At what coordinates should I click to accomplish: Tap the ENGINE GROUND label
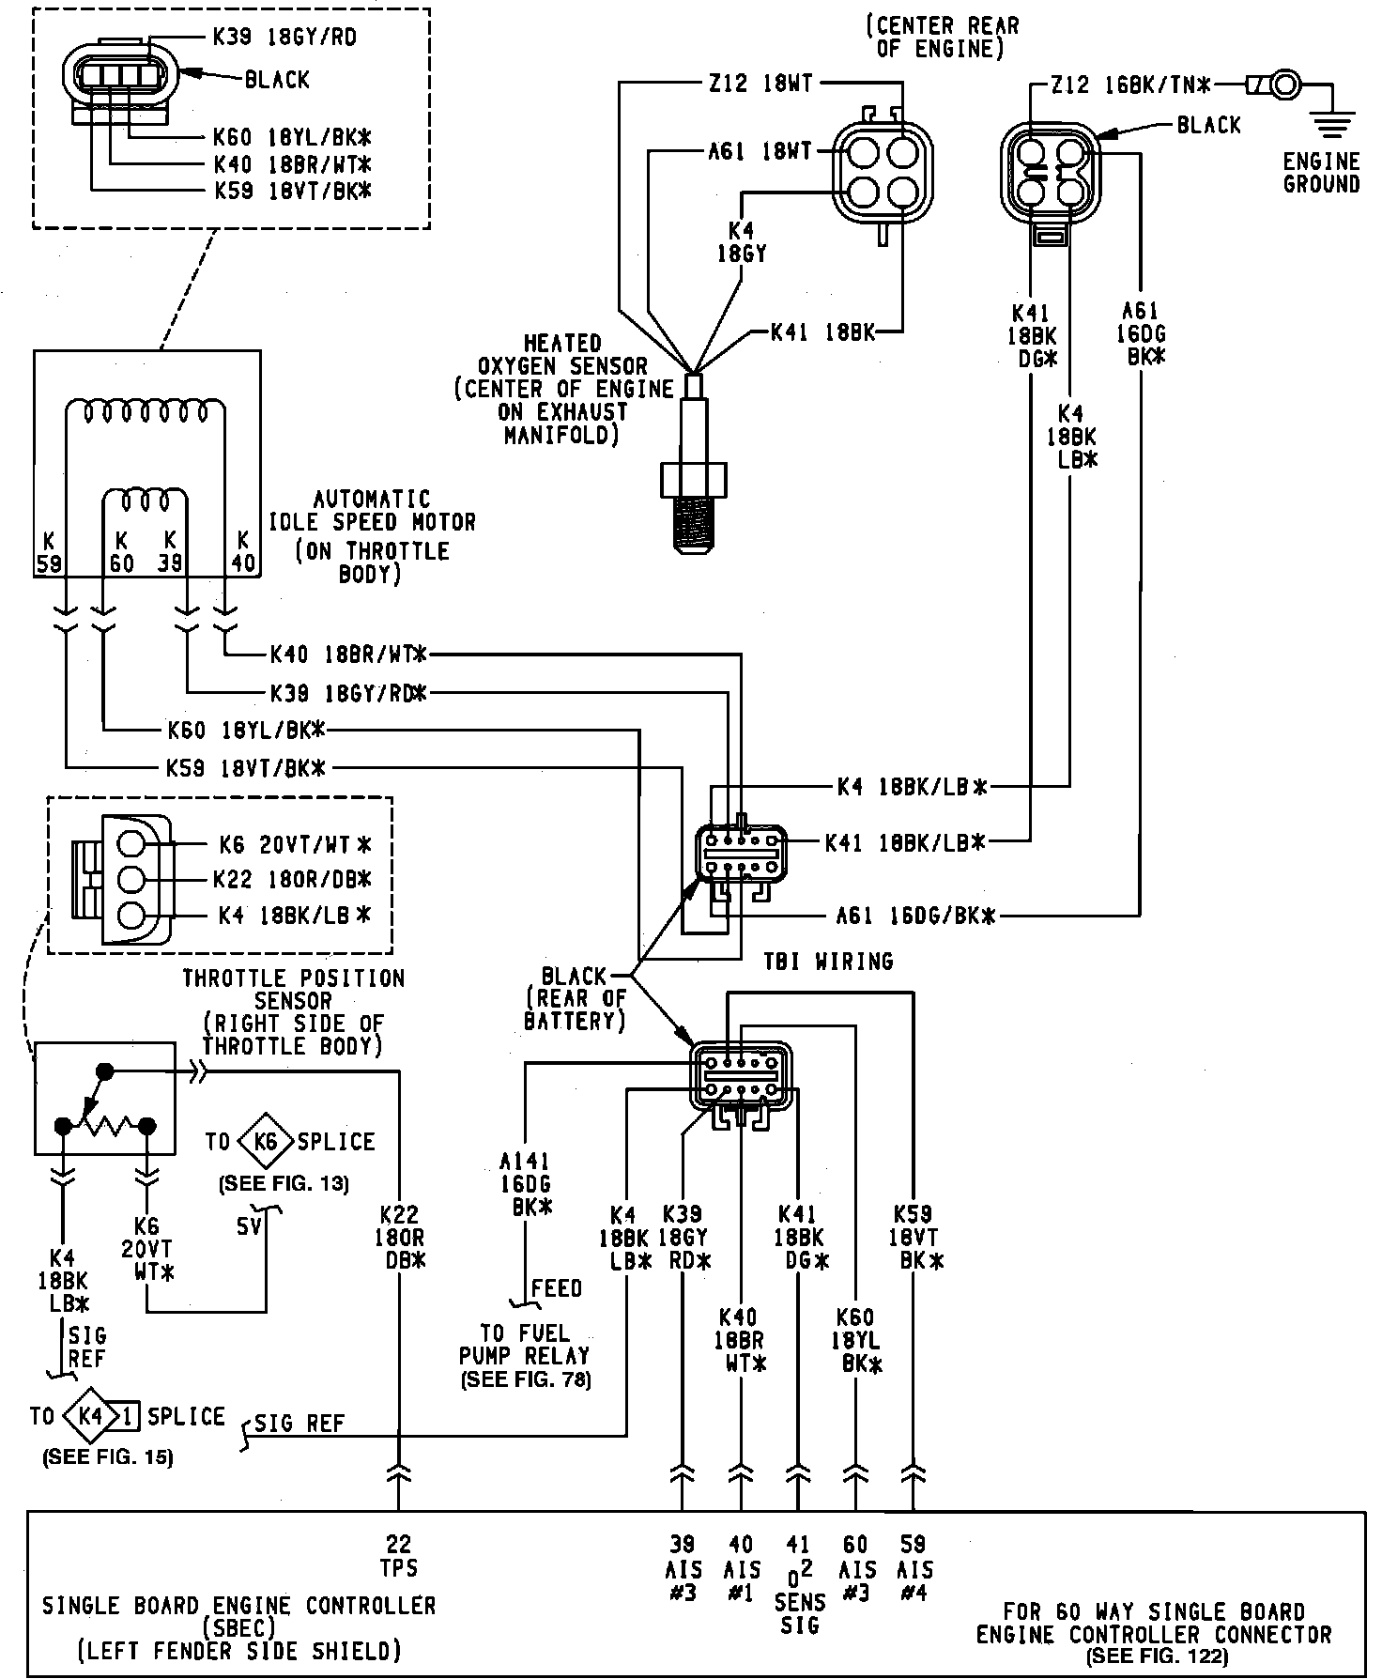tap(1321, 173)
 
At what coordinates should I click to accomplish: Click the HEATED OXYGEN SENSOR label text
tap(562, 389)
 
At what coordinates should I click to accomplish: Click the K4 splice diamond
tap(91, 1415)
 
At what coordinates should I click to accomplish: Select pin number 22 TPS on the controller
tap(399, 1555)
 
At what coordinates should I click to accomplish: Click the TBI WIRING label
tap(827, 962)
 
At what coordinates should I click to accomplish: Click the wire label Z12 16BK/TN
tap(1130, 85)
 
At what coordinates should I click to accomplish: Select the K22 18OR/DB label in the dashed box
tap(292, 879)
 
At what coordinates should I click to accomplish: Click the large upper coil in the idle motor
tap(146, 411)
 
